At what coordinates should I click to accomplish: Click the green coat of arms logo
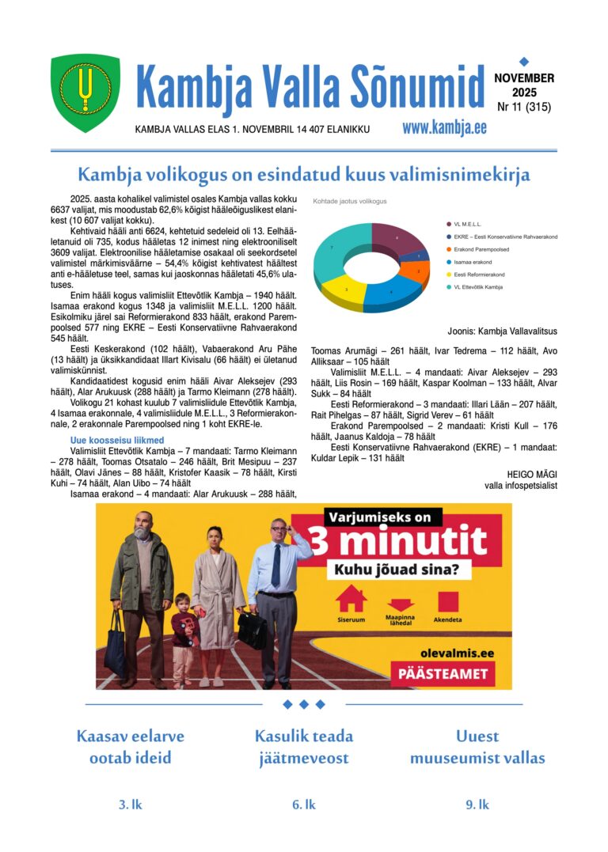(85, 93)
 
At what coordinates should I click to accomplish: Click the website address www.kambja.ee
(444, 128)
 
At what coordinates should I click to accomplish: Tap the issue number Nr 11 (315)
(524, 107)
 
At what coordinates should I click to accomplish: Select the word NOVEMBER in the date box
(524, 78)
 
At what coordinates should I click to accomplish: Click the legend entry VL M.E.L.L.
(467, 225)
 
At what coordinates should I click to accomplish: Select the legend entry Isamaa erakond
(473, 262)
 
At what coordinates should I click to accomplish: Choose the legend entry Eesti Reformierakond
(479, 275)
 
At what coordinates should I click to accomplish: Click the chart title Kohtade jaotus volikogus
(349, 202)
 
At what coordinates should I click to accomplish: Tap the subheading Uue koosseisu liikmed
(116, 441)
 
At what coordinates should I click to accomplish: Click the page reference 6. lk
(303, 805)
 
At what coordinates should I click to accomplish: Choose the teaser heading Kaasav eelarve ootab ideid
(130, 747)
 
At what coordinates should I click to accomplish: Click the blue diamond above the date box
(523, 61)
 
